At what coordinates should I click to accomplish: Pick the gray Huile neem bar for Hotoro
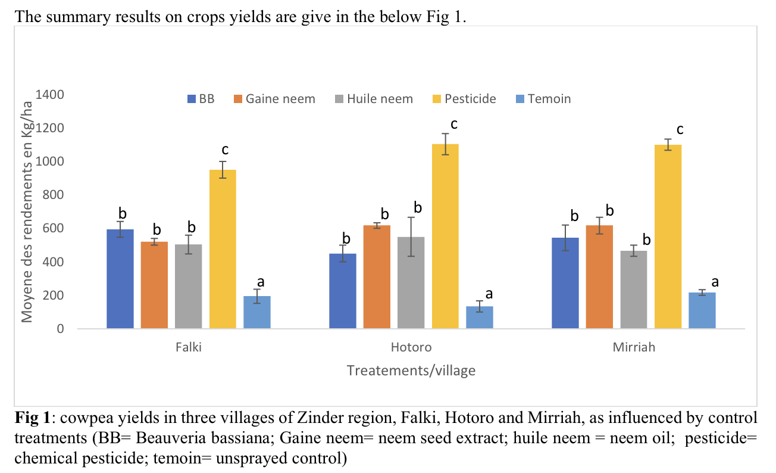[411, 282]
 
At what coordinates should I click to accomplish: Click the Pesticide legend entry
[464, 99]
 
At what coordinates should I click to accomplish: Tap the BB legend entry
[201, 99]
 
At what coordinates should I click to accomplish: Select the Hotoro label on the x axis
[411, 347]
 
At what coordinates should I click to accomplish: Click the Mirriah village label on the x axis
[634, 347]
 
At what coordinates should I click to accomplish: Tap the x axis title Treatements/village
[411, 371]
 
